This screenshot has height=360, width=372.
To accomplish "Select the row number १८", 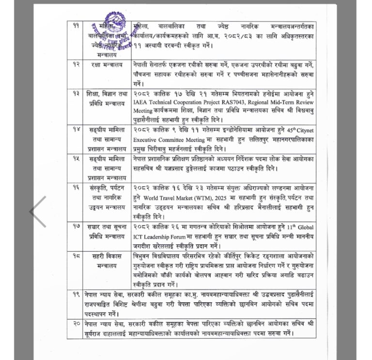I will click(x=76, y=254).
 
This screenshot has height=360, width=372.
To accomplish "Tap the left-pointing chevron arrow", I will click(x=38, y=211).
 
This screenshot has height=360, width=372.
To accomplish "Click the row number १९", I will click(x=76, y=294).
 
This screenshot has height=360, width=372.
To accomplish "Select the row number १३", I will click(x=76, y=93).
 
